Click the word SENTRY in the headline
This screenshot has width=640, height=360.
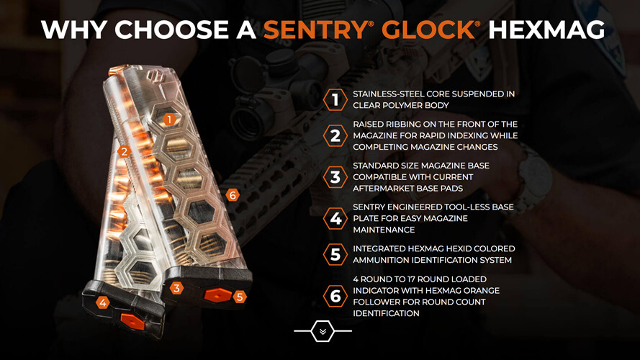tap(315, 30)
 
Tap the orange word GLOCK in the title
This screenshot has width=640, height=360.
tap(428, 30)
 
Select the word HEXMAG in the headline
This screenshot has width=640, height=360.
tap(546, 30)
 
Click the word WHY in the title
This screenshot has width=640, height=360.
tap(75, 30)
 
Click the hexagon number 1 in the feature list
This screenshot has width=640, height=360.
tap(335, 99)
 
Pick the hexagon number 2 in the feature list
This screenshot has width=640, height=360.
tap(335, 135)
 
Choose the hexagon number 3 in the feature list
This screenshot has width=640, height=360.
tap(335, 177)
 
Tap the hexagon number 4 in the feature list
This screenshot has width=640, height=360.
tap(335, 219)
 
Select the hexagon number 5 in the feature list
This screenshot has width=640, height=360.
tap(335, 254)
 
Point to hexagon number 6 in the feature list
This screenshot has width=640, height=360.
tap(335, 297)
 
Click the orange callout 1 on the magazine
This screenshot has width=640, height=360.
tap(169, 120)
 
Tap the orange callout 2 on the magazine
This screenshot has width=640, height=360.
tap(124, 151)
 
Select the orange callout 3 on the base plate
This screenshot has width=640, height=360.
tap(176, 288)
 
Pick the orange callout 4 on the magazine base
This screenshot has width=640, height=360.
tap(102, 302)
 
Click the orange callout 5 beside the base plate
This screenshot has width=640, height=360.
tap(240, 297)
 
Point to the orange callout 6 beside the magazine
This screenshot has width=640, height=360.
tap(233, 195)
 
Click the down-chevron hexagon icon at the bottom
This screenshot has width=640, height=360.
tap(323, 331)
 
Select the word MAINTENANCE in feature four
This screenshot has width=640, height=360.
tap(384, 230)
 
